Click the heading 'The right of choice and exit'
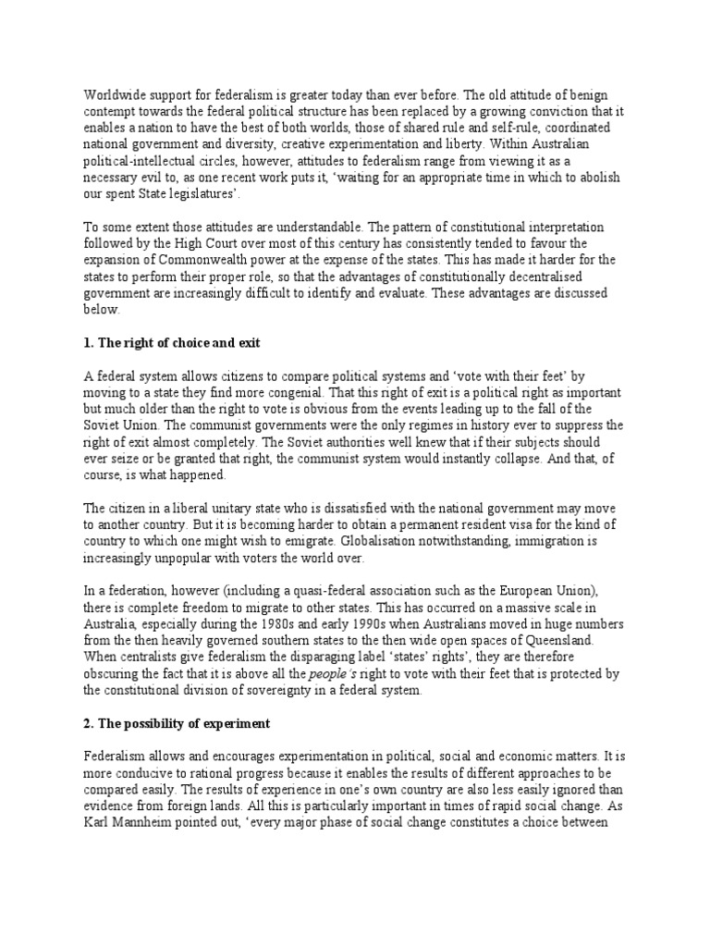172,342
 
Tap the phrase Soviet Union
126,425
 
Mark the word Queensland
571,642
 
